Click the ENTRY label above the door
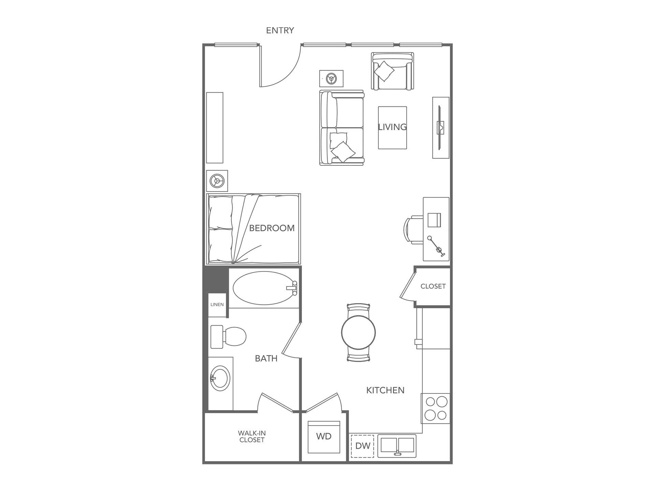pyautogui.click(x=280, y=30)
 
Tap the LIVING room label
pyautogui.click(x=392, y=127)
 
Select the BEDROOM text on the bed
pyautogui.click(x=272, y=228)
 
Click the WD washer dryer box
pyautogui.click(x=324, y=437)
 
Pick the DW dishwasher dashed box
pyautogui.click(x=362, y=446)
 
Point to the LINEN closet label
pyautogui.click(x=217, y=304)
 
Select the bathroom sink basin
pyautogui.click(x=219, y=378)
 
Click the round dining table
pyautogui.click(x=358, y=332)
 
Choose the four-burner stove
pyautogui.click(x=436, y=408)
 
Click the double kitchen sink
pyautogui.click(x=397, y=446)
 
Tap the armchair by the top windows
pyautogui.click(x=392, y=71)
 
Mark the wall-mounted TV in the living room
pyautogui.click(x=440, y=128)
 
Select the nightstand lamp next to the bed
pyautogui.click(x=217, y=181)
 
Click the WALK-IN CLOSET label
pyautogui.click(x=252, y=436)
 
